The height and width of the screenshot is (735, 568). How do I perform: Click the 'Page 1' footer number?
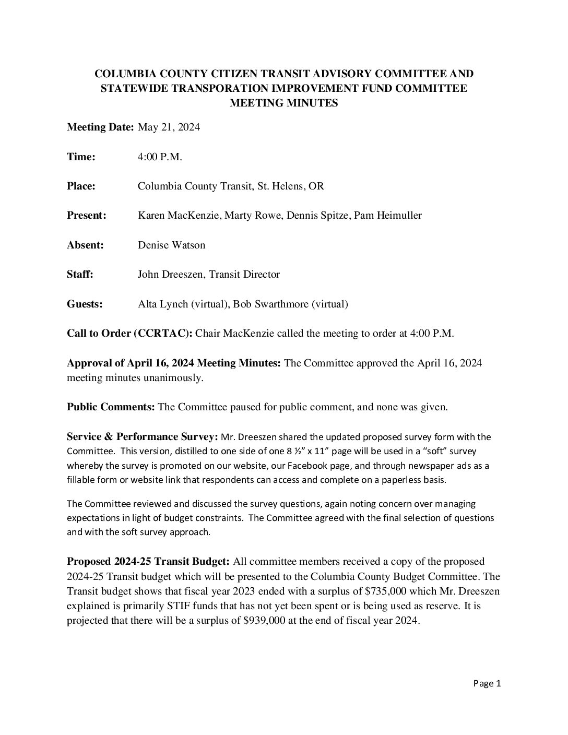pyautogui.click(x=487, y=683)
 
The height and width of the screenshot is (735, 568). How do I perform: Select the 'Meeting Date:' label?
pyautogui.click(x=100, y=127)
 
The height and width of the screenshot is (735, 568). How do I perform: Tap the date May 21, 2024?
pyautogui.click(x=169, y=127)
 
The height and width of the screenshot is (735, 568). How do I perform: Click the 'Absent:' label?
pyautogui.click(x=85, y=245)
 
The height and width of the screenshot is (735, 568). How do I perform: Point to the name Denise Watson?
pyautogui.click(x=171, y=245)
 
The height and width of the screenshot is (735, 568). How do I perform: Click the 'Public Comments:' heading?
pyautogui.click(x=111, y=407)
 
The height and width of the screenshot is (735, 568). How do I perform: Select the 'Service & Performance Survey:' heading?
pyautogui.click(x=143, y=436)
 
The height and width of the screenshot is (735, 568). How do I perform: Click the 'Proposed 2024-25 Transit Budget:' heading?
pyautogui.click(x=148, y=562)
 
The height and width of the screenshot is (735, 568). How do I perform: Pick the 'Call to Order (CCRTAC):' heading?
pyautogui.click(x=130, y=334)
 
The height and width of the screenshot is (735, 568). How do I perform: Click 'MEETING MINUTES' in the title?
pyautogui.click(x=284, y=103)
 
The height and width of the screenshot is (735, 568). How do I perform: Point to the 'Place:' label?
pyautogui.click(x=81, y=186)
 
